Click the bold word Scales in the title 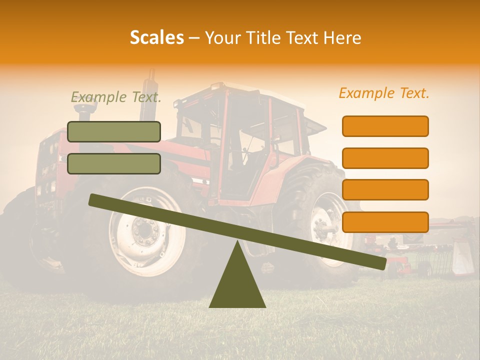(156, 37)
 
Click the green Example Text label (116, 97)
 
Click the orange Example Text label (384, 93)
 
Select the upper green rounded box (114, 131)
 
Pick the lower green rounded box (114, 163)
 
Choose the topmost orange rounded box (385, 126)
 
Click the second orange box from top (385, 158)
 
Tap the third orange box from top (385, 190)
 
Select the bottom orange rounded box (385, 222)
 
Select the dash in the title (194, 38)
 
